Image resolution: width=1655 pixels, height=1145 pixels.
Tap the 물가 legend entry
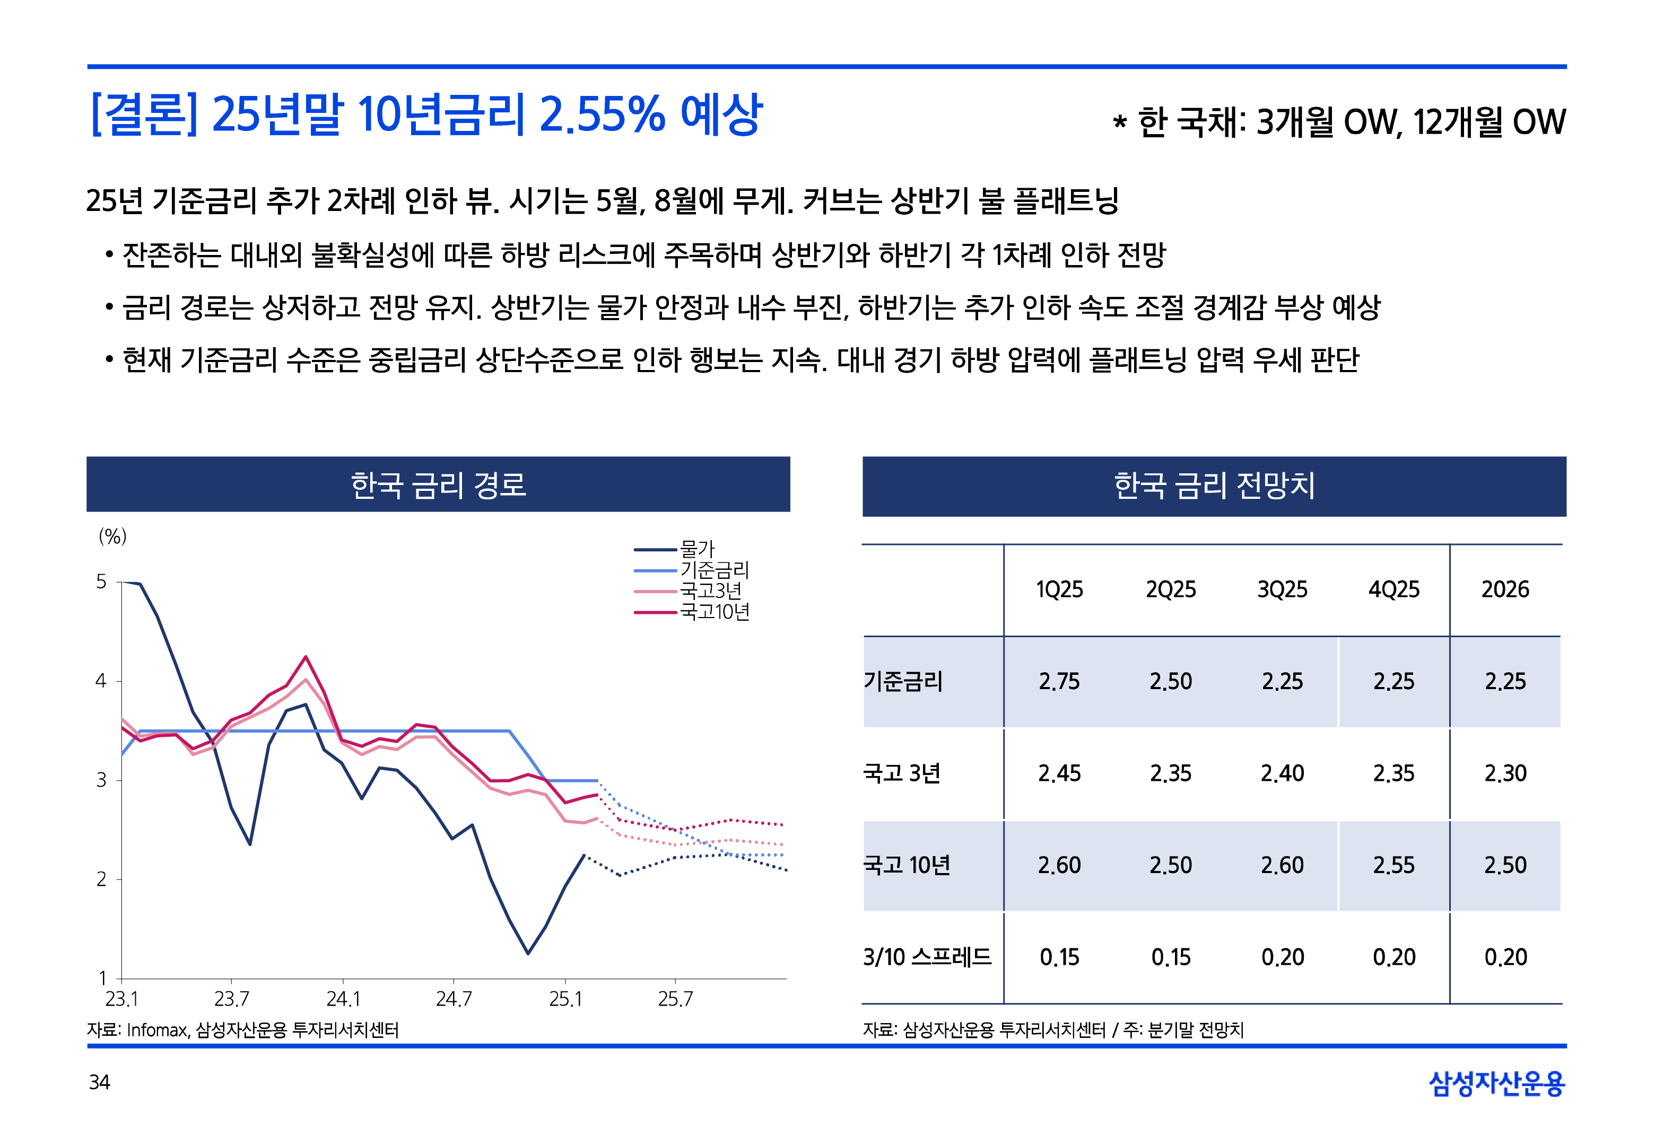(697, 550)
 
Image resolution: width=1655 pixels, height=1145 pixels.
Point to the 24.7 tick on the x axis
(454, 999)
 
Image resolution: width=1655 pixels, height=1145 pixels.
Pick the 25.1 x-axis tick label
(565, 999)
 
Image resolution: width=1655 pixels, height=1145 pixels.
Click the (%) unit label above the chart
(112, 536)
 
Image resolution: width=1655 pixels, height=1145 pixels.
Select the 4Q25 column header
(1394, 589)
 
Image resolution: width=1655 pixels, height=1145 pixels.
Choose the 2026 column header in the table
(1505, 589)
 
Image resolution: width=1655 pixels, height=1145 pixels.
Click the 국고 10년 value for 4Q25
(1394, 865)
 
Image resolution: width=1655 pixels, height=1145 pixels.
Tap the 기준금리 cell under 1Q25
(1059, 682)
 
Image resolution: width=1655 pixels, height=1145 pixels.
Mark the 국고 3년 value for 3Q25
(1283, 773)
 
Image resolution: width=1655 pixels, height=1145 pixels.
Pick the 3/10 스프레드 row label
(927, 957)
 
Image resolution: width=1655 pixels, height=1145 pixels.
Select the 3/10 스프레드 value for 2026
(1505, 957)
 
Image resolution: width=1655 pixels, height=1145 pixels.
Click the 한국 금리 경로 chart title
(439, 485)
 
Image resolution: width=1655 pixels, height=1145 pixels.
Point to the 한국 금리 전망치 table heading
(1214, 486)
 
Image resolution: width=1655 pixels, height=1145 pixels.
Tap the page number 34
(100, 1082)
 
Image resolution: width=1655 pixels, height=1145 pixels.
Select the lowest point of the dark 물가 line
(528, 954)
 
